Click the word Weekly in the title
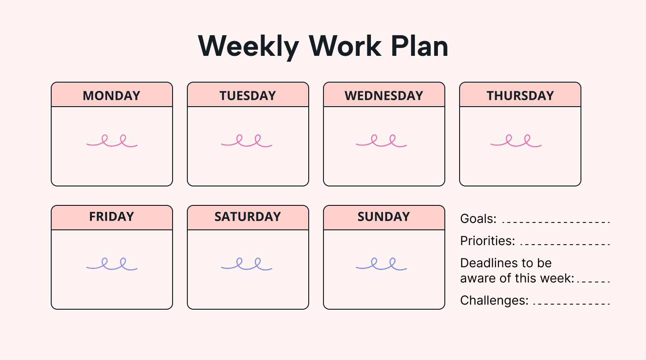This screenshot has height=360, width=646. coord(248,46)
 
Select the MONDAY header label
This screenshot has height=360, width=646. coord(111,96)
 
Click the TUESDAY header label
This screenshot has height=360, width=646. coord(247,96)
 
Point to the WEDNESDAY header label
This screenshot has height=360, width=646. coord(383,96)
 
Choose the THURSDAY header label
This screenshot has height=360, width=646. coord(520,96)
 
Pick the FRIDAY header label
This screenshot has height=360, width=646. coord(111,216)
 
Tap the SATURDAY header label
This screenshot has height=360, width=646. coord(247,216)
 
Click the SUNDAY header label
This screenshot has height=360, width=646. coord(383,216)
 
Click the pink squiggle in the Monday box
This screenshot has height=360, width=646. coord(112,142)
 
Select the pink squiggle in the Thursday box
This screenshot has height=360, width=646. coord(516,142)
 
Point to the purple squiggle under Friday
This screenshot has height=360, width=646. coord(112,264)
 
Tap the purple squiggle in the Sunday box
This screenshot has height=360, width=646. coord(381,264)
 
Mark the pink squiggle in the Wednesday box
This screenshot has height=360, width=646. coord(381,142)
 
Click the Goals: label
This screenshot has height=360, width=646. coord(478,219)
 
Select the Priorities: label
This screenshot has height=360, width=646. coord(487,241)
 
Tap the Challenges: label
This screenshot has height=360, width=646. coord(494,300)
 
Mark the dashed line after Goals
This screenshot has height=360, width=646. coord(556,222)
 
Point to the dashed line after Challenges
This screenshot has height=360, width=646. coord(571,304)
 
